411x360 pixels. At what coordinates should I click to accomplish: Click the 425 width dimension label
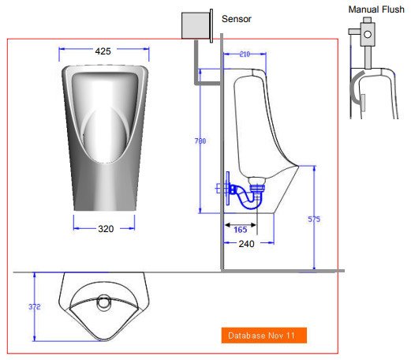click(103, 51)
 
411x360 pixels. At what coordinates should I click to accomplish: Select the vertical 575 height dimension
click(314, 219)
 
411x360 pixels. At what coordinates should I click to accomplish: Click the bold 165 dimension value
click(241, 229)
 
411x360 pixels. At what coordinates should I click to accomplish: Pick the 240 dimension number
click(246, 244)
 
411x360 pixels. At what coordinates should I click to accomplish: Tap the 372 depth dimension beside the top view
click(34, 307)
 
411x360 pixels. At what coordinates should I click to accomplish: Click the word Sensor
click(237, 18)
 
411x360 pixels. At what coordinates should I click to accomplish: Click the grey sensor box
click(198, 25)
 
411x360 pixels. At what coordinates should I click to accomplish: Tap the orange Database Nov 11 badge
click(263, 336)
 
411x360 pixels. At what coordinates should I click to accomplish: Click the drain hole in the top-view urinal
click(103, 300)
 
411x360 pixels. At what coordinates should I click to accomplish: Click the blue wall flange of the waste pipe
click(226, 189)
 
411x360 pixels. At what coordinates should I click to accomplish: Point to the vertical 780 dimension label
click(200, 141)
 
